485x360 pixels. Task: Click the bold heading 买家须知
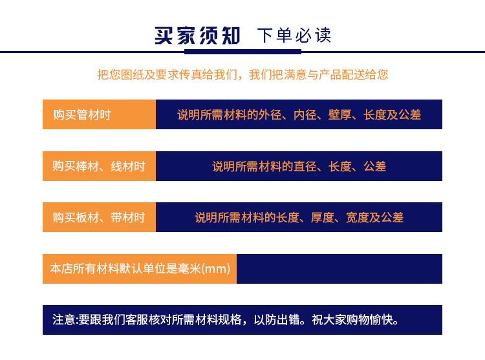197,35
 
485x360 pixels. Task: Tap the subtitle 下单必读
294,36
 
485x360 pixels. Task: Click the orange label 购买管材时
82,115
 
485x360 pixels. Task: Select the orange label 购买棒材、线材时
99,167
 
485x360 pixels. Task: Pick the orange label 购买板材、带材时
99,218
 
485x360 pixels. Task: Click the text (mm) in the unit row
216,268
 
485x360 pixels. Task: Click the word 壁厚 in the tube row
339,115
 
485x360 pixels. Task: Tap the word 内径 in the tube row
305,115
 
